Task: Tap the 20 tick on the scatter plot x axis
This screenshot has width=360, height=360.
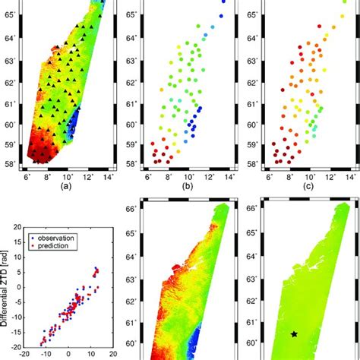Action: click(x=112, y=354)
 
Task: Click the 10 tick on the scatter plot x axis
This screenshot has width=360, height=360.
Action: click(x=90, y=354)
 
